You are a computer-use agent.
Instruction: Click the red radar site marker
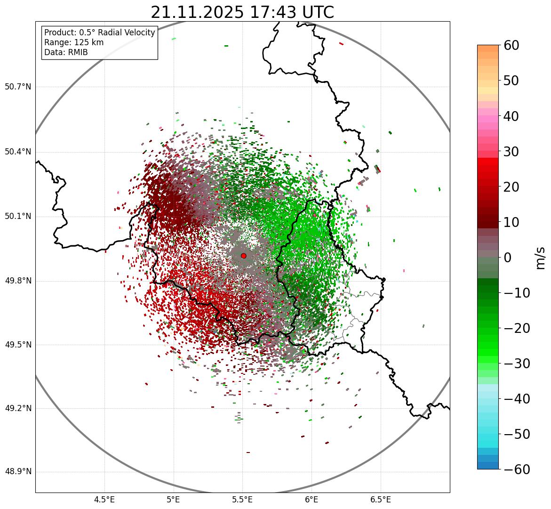pyautogui.click(x=243, y=256)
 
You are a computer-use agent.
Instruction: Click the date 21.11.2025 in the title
pyautogui.click(x=198, y=12)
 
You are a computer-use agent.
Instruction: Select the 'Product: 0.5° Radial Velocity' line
pyautogui.click(x=99, y=32)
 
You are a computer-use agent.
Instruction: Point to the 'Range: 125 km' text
pyautogui.click(x=74, y=42)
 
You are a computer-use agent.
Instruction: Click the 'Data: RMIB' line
pyautogui.click(x=66, y=52)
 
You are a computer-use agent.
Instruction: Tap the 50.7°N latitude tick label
pyautogui.click(x=17, y=87)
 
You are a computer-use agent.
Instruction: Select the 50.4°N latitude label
pyautogui.click(x=17, y=152)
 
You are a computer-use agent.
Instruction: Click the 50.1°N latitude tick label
pyautogui.click(x=17, y=217)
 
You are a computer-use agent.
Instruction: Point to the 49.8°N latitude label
pyautogui.click(x=17, y=281)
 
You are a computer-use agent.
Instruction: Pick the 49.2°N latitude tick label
pyautogui.click(x=17, y=408)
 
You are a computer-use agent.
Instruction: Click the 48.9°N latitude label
pyautogui.click(x=17, y=472)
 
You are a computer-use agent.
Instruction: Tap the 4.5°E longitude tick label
pyautogui.click(x=104, y=499)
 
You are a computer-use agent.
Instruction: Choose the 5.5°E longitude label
pyautogui.click(x=242, y=499)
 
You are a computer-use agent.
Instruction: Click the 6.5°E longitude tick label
pyautogui.click(x=380, y=499)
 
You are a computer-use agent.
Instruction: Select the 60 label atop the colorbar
pyautogui.click(x=511, y=46)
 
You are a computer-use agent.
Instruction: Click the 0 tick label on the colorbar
pyautogui.click(x=508, y=258)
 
